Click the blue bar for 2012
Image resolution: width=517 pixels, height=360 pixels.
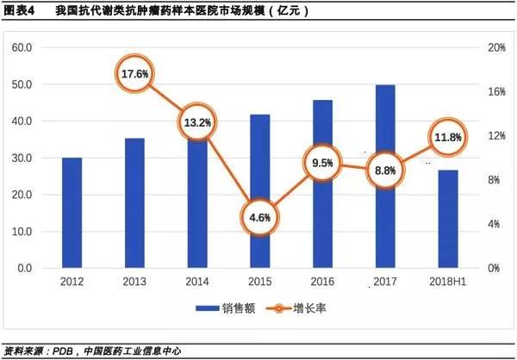point(72,213)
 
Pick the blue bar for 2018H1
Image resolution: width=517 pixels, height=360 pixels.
point(448,219)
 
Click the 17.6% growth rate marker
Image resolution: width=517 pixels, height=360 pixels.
point(135,74)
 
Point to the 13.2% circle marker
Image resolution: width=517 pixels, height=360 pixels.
point(197,122)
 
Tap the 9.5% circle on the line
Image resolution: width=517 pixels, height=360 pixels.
point(322,163)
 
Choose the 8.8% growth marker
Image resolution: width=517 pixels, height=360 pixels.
point(385,171)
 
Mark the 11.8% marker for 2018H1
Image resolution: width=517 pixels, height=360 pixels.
point(448,138)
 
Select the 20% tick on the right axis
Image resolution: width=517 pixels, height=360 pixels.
point(496,47)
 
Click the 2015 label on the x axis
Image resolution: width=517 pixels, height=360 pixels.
point(260,282)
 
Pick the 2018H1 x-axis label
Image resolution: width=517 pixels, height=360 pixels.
point(448,282)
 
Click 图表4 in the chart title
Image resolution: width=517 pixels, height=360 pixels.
point(19,11)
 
